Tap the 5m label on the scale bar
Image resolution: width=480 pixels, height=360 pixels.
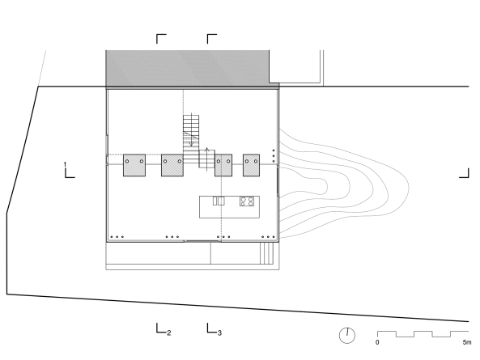point(467,342)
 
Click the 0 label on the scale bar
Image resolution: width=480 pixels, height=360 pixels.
point(377,342)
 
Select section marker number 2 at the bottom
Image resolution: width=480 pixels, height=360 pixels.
point(168,333)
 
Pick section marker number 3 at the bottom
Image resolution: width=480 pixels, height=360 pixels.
point(219,333)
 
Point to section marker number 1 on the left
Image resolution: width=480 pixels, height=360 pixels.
point(65,165)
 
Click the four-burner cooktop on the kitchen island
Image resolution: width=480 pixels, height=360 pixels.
point(247,201)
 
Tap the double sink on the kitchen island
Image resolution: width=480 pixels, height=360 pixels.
point(219,201)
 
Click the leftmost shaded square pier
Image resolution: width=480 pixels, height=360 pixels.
point(134,165)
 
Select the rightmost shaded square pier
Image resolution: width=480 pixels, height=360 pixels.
point(251,165)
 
